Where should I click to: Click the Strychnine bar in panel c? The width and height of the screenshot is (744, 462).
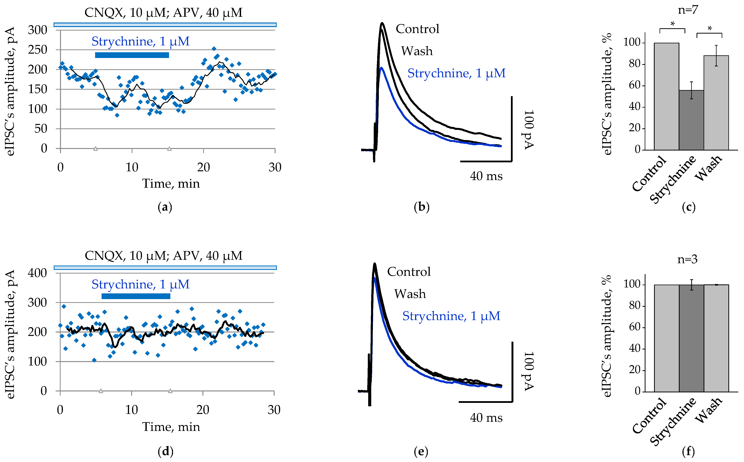691,120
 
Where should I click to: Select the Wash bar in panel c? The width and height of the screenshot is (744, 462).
716,103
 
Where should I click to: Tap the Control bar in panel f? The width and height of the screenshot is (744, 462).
666,338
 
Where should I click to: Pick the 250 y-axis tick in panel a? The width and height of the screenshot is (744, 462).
38,50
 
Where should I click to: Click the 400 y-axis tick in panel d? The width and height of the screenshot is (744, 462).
38,273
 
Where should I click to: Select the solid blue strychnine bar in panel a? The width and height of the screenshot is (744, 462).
132,55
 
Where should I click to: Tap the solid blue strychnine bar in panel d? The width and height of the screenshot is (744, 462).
136,296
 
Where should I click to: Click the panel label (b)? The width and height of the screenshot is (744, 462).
422,207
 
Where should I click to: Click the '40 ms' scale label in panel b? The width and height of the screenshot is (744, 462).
486,176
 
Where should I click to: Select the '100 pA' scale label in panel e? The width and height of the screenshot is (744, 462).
529,371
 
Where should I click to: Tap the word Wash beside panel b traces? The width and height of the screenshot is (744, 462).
417,51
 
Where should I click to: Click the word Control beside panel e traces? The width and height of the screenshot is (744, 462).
409,272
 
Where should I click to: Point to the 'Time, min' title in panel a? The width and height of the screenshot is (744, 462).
171,184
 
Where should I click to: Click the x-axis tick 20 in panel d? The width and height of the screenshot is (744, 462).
203,410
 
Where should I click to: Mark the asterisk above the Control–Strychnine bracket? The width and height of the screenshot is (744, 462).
672,24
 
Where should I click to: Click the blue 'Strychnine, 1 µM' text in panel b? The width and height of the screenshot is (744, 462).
456,73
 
